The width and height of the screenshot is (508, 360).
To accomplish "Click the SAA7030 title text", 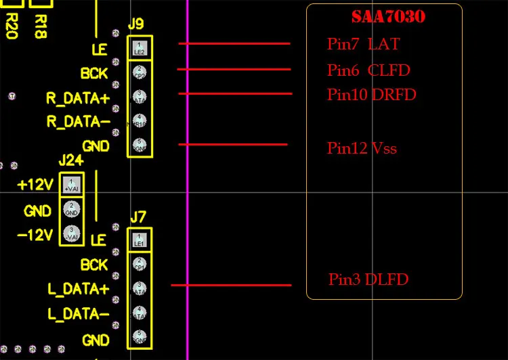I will click(388, 17).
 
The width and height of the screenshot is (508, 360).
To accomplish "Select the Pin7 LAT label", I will click(363, 45).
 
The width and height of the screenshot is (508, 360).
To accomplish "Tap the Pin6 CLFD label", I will click(368, 70).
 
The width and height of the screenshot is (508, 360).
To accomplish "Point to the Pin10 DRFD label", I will click(371, 95).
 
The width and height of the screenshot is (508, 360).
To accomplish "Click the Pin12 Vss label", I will click(362, 148).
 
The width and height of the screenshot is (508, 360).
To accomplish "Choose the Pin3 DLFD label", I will click(368, 279).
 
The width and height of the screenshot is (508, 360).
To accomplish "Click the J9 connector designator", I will click(135, 24).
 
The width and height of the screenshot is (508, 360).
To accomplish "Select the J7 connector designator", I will click(137, 217).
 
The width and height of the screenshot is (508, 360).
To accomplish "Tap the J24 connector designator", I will click(71, 160).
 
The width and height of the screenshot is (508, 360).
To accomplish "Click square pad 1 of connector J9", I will click(140, 48).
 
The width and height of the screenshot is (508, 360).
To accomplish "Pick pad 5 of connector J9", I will click(140, 145).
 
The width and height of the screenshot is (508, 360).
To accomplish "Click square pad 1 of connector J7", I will click(140, 240).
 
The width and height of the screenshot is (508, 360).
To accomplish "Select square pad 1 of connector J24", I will click(72, 183).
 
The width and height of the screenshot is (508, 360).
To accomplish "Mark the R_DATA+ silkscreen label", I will click(77, 97).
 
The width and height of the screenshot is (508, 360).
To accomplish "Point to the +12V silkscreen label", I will click(35, 185).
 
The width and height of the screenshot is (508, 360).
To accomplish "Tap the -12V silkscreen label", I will click(35, 234).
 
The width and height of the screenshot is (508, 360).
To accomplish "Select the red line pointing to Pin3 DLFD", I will click(231, 285).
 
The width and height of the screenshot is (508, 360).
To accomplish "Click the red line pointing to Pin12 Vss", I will click(233, 144).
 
